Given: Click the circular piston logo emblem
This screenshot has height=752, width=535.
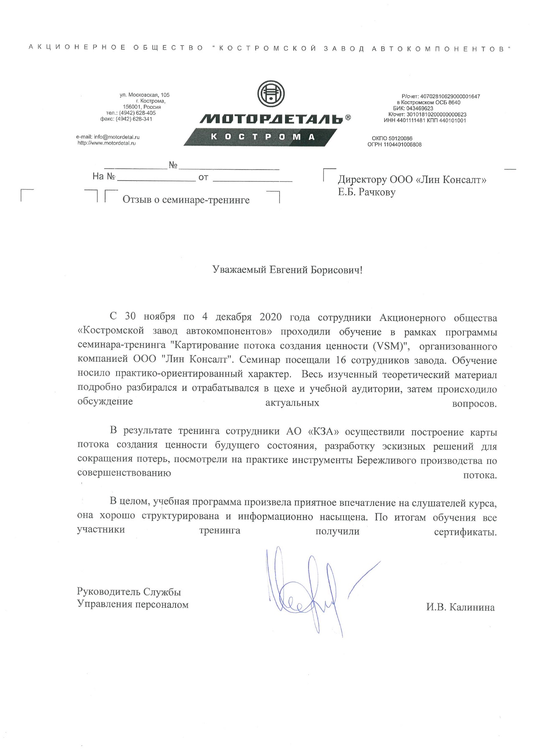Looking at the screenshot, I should click(270, 94).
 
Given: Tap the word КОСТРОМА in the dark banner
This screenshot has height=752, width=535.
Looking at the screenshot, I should click(262, 137).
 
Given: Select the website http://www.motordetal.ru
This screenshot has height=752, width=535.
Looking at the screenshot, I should click(107, 143).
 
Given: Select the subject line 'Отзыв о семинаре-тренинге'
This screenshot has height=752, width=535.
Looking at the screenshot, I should click(186, 200).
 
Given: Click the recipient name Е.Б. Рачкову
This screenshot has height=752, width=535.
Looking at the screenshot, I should click(367, 193).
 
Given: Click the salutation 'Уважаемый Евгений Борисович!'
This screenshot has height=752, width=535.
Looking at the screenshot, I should click(287, 270).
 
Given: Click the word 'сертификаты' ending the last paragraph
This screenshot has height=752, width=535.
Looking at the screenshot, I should click(464, 532).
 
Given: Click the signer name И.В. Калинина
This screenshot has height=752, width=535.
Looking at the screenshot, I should click(460, 607).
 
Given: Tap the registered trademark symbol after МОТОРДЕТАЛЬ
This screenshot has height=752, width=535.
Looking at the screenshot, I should click(348, 118).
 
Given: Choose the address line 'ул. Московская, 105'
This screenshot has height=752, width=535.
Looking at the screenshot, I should click(145, 95).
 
